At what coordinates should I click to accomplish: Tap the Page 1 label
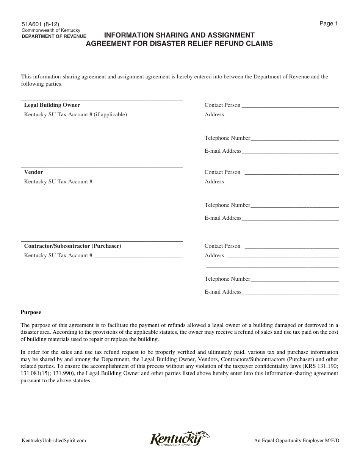[329, 23]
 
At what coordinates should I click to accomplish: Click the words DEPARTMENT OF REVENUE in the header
[54, 36]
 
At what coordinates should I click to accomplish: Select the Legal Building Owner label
[52, 105]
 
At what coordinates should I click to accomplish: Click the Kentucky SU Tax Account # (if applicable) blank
[156, 115]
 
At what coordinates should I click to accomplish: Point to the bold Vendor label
[33, 172]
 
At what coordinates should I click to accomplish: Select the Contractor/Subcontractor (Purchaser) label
[72, 246]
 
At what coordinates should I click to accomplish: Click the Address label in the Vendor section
[214, 181]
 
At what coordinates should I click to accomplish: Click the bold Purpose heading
[31, 313]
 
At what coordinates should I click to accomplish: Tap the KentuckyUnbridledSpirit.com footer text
[53, 441]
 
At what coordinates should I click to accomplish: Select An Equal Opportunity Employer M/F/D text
[297, 441]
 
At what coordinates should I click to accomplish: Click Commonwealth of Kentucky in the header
[50, 30]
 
